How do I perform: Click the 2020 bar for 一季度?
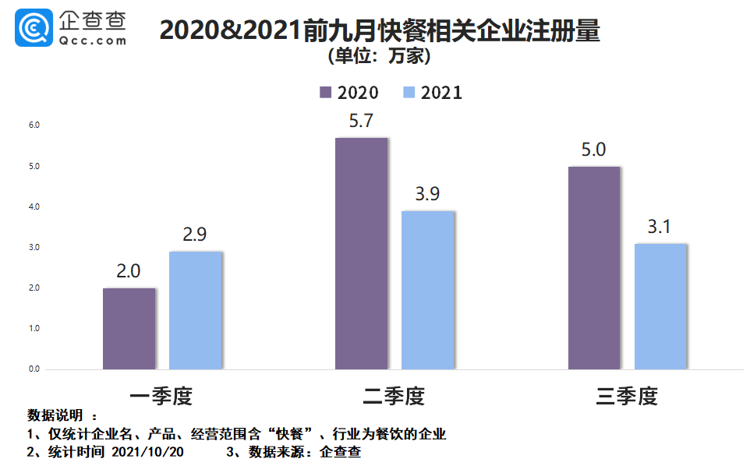[x=129, y=328]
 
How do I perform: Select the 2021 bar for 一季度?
[x=195, y=310]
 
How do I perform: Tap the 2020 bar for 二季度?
[x=361, y=253]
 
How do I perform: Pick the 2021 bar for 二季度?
[x=427, y=290]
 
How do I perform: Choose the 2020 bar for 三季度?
[x=594, y=267]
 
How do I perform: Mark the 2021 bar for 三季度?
[x=660, y=306]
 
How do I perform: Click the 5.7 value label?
[x=361, y=121]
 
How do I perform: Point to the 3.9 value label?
[x=427, y=194]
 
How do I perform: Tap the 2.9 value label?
[x=195, y=234]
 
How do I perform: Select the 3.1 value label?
[x=660, y=228]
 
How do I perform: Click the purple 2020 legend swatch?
[x=326, y=93]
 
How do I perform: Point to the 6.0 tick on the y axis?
[x=34, y=125]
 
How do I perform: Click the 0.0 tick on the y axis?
[x=34, y=369]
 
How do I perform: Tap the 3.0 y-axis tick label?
[x=34, y=248]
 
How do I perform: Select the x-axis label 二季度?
[x=394, y=397]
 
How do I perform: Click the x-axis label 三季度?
[x=627, y=397]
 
